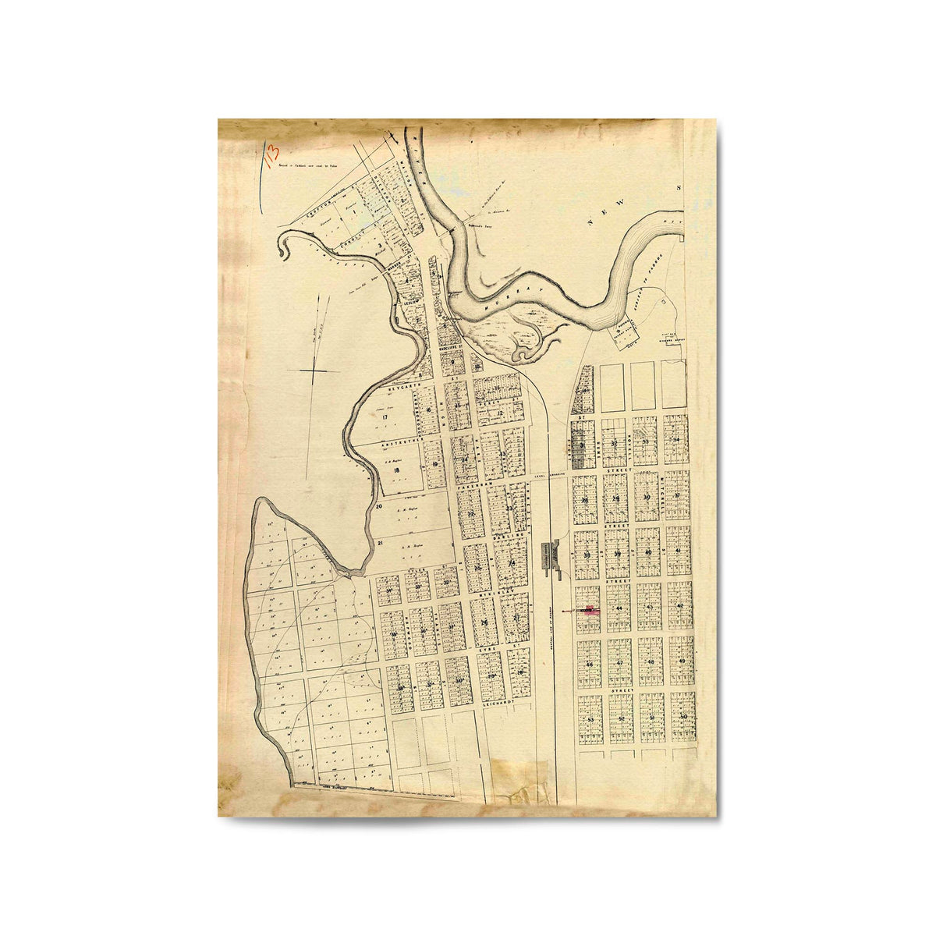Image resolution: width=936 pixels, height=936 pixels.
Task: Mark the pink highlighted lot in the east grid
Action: (x=590, y=611)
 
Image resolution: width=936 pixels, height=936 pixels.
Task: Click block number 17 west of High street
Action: (x=386, y=417)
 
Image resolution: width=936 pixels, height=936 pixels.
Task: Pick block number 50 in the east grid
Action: (x=683, y=716)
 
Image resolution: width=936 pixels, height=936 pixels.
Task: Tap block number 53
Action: (x=590, y=718)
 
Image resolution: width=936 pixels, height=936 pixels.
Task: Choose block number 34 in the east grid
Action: (x=677, y=440)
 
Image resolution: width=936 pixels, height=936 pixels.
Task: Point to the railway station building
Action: (x=555, y=556)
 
